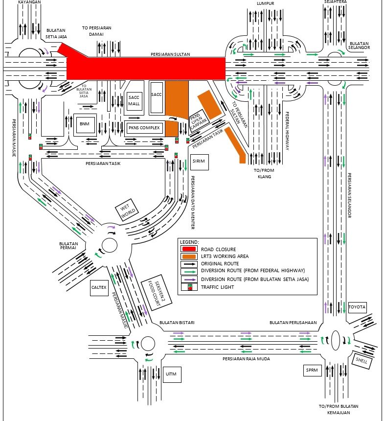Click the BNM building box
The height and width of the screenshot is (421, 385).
pos(84,124)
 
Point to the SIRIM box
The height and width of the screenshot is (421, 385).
pos(199,161)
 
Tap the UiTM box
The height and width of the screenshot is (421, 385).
pos(171,374)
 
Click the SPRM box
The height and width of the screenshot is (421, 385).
pos(312,371)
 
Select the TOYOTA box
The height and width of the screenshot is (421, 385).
pos(357,307)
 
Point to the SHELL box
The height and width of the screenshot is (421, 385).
pos(362,361)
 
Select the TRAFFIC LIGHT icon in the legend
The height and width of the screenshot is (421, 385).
pos(189,287)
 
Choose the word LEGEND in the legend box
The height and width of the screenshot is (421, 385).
pos(189,242)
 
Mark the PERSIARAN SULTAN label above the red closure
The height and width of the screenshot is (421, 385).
pos(170,54)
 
